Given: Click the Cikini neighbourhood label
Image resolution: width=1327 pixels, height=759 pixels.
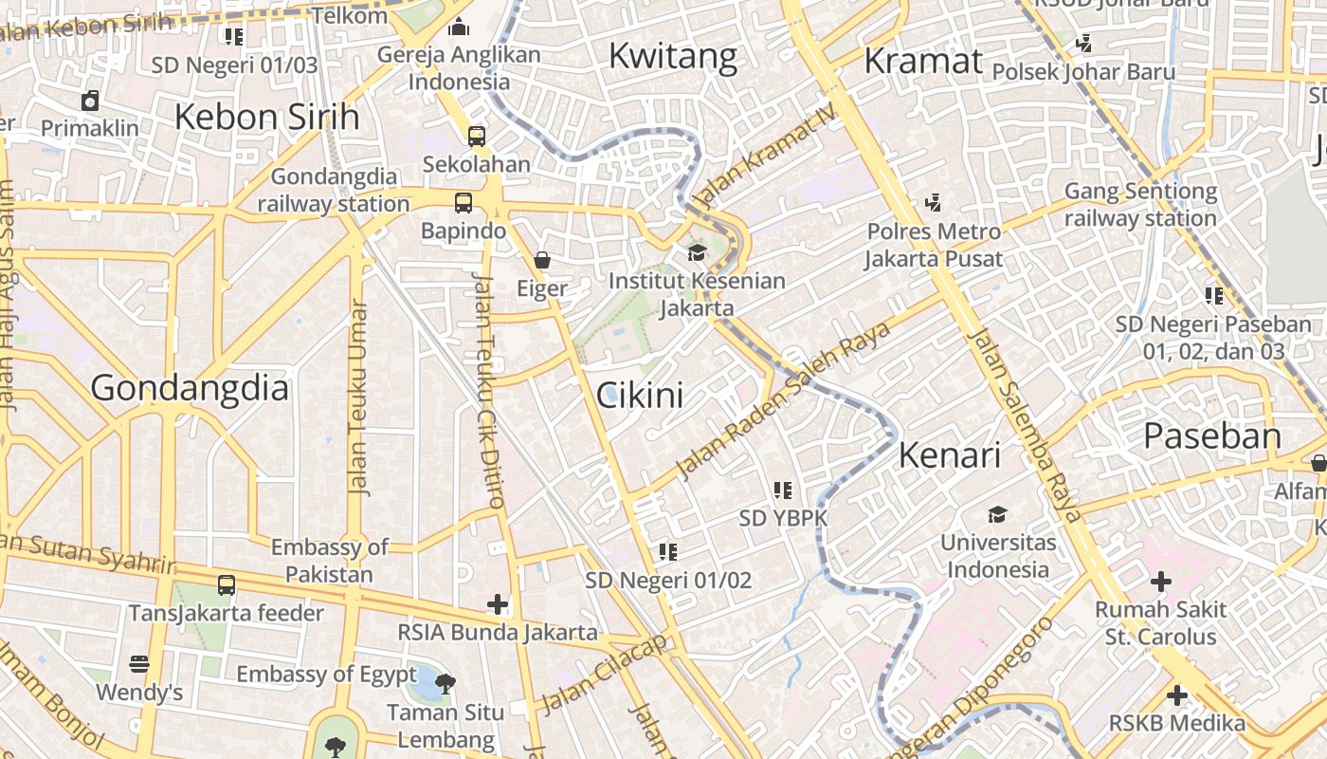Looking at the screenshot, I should [640, 395].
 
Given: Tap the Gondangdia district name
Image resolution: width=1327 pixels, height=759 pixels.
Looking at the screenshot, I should [190, 388].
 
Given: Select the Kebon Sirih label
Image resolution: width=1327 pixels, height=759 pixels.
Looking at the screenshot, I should [267, 117].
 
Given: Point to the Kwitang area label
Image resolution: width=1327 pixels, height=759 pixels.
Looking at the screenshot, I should [673, 56].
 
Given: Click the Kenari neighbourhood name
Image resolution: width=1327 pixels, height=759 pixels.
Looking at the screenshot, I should [949, 455].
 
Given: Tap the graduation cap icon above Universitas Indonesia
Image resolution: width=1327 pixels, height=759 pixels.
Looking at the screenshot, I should [997, 515].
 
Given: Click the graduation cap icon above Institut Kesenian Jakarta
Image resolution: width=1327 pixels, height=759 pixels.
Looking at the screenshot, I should [697, 252].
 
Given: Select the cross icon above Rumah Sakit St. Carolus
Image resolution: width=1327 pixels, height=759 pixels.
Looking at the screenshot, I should [1160, 581].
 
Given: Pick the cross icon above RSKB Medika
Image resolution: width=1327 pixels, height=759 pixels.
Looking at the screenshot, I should [1177, 695].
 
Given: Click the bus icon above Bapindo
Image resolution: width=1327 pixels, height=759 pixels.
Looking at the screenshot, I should [463, 202].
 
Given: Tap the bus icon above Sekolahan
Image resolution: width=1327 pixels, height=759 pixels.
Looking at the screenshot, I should [476, 136].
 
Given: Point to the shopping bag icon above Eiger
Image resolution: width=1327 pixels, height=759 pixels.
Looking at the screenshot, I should [542, 259].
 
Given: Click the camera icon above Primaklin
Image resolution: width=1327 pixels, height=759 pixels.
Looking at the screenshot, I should [90, 100].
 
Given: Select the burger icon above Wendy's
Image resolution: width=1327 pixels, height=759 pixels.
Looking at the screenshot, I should [139, 663].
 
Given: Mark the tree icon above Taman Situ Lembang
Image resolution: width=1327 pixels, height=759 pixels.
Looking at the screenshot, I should [445, 683].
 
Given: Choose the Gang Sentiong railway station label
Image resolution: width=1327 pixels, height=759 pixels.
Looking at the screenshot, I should [1140, 205].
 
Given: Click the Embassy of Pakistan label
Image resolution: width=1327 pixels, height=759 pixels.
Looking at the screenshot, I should [329, 561].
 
